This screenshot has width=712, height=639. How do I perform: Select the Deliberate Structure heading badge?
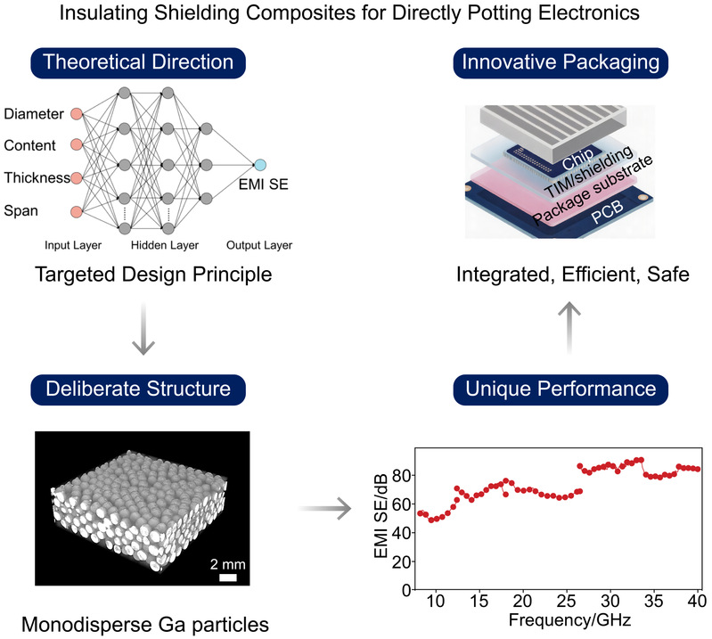coord(144,389)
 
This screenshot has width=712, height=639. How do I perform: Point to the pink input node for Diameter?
coord(76,113)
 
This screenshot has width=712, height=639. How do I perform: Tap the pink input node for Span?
coord(76,211)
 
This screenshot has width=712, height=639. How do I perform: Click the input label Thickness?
coord(37,178)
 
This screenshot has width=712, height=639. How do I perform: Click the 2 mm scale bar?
coord(227,578)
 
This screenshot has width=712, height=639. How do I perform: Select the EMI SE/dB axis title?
coord(380,517)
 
